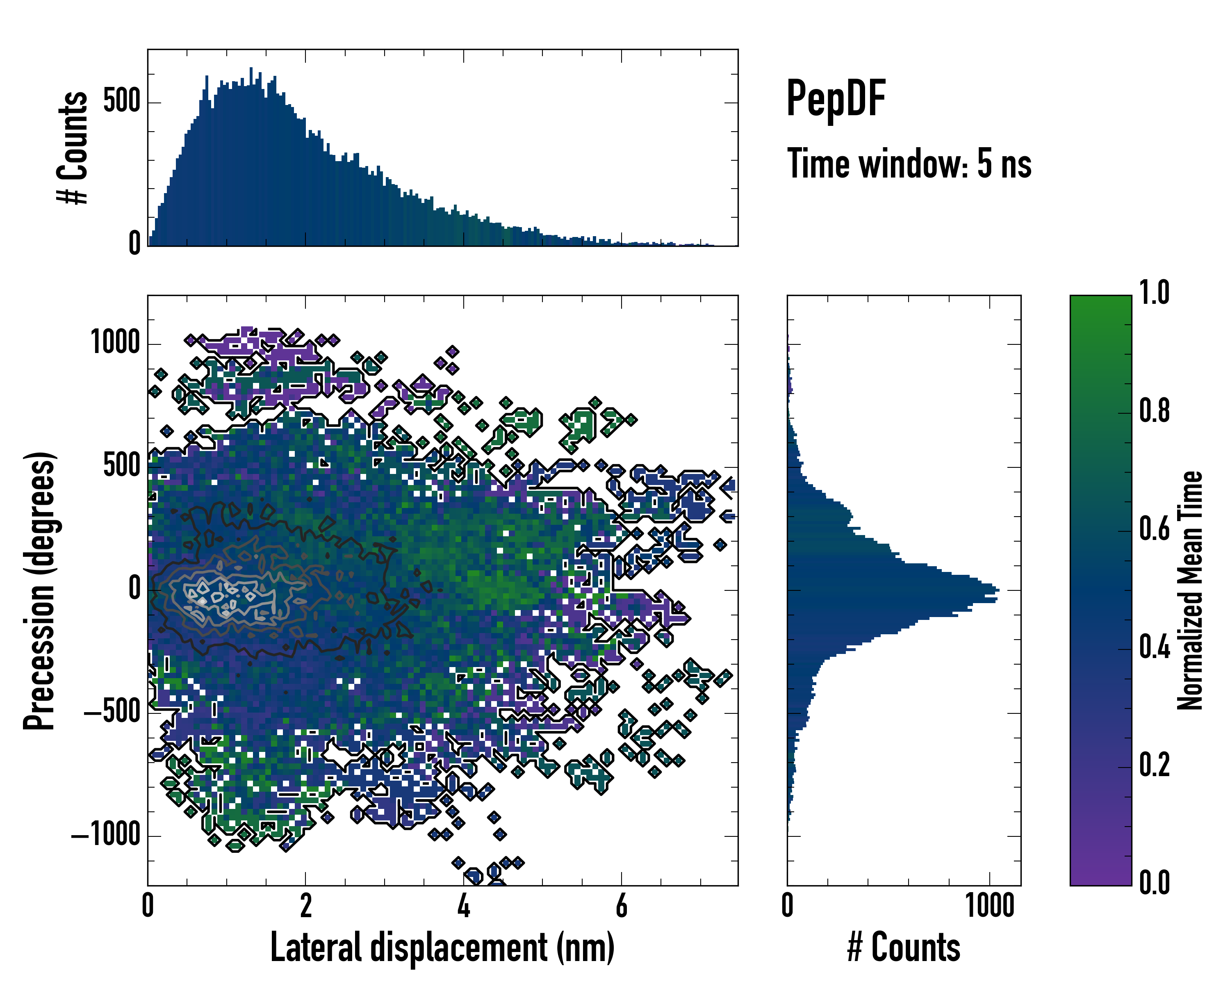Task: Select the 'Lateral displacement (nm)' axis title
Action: [x=442, y=948]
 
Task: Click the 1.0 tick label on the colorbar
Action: [x=1154, y=293]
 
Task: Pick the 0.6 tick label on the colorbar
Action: [x=1154, y=529]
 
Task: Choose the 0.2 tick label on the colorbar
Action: [x=1154, y=765]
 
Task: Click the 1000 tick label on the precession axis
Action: [x=115, y=344]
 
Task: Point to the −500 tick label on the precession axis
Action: [x=112, y=713]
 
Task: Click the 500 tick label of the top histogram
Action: [x=121, y=102]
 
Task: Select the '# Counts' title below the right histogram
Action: [x=904, y=948]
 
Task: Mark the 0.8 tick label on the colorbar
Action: [x=1154, y=411]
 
